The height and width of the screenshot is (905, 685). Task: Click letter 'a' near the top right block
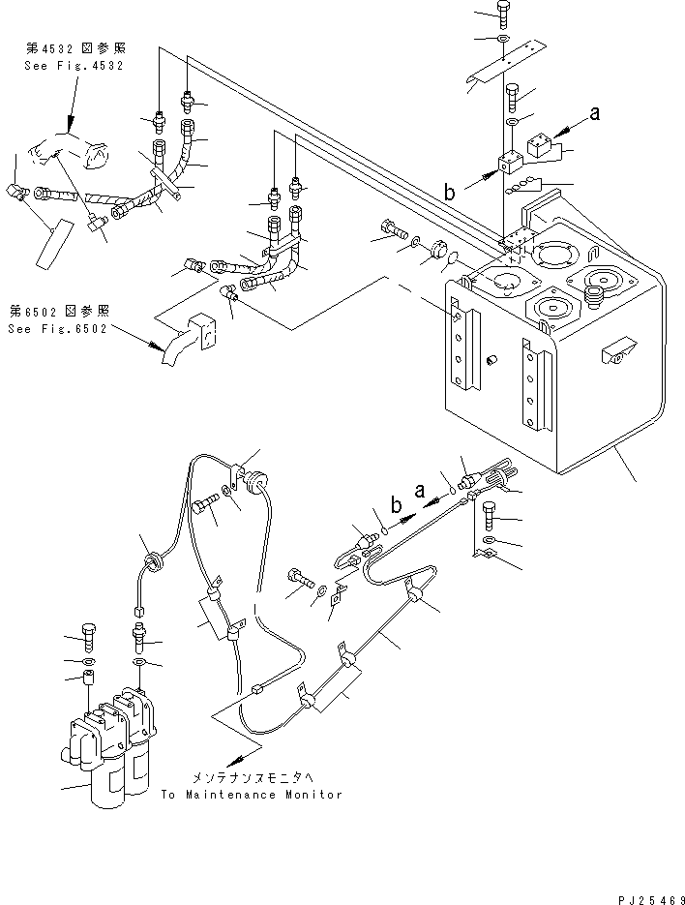pos(595,113)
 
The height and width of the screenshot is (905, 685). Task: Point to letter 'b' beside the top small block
pos(449,193)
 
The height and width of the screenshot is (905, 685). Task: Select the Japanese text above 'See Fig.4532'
pos(85,47)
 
